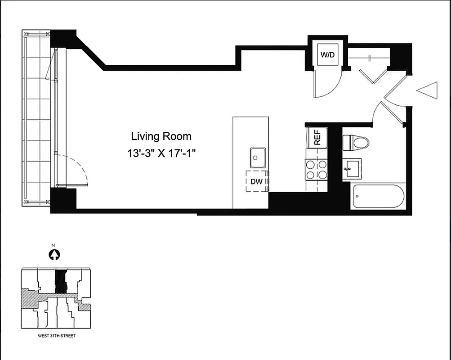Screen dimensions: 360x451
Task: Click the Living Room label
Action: [x=161, y=136]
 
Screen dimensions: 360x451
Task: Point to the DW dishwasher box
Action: [x=257, y=181]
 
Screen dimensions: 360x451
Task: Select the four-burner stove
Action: [x=317, y=170]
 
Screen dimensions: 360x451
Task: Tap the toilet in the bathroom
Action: [x=356, y=143]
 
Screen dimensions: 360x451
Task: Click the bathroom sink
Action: [x=352, y=169]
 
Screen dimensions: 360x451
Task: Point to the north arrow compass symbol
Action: [x=54, y=255]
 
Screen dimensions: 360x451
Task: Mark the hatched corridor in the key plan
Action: [x=36, y=296]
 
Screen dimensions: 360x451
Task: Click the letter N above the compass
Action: [x=54, y=245]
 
